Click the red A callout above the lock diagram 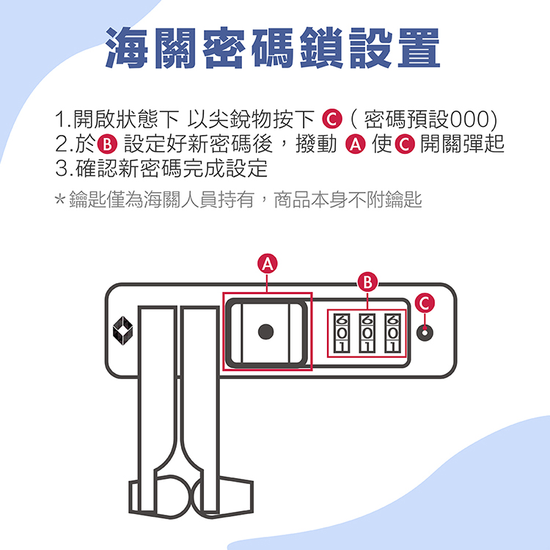click(267, 264)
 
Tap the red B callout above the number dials click(367, 282)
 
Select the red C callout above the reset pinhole click(425, 303)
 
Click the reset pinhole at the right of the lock click(425, 332)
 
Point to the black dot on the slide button click(265, 331)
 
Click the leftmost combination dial click(342, 333)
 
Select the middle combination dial click(367, 333)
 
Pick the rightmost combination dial click(393, 333)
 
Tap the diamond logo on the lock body click(122, 331)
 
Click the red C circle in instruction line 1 click(331, 120)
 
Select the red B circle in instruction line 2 click(107, 144)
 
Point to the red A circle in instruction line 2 click(356, 144)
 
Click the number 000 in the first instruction click(468, 120)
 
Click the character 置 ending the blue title click(419, 48)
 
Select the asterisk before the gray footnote click(60, 199)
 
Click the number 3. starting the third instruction click(65, 169)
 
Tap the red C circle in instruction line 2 click(405, 144)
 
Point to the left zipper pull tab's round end click(171, 496)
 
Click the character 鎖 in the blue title click(321, 48)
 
